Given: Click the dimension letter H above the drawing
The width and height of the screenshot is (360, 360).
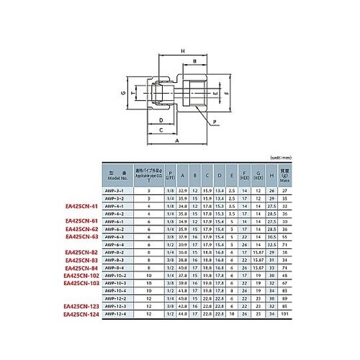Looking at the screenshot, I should (184, 50).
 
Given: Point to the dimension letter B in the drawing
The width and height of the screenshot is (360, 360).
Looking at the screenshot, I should (194, 63).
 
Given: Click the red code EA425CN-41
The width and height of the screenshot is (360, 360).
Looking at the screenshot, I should (82, 206).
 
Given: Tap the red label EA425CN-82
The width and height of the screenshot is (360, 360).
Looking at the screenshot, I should (82, 253).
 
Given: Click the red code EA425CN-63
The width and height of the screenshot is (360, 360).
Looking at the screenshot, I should (82, 237).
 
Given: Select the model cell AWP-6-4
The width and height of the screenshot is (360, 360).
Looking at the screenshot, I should (116, 245).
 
